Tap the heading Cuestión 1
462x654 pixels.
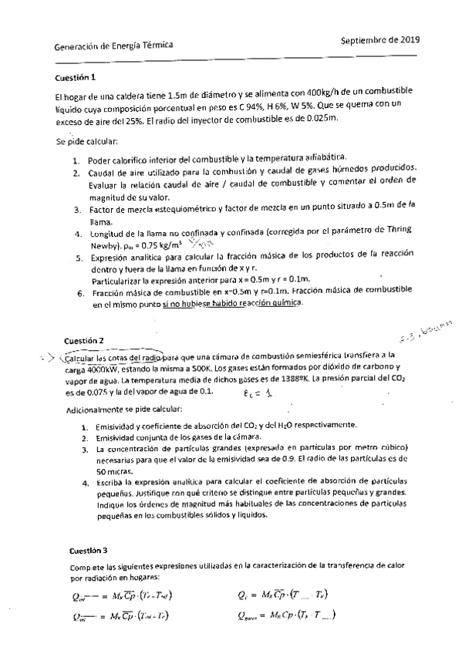tap(76, 78)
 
